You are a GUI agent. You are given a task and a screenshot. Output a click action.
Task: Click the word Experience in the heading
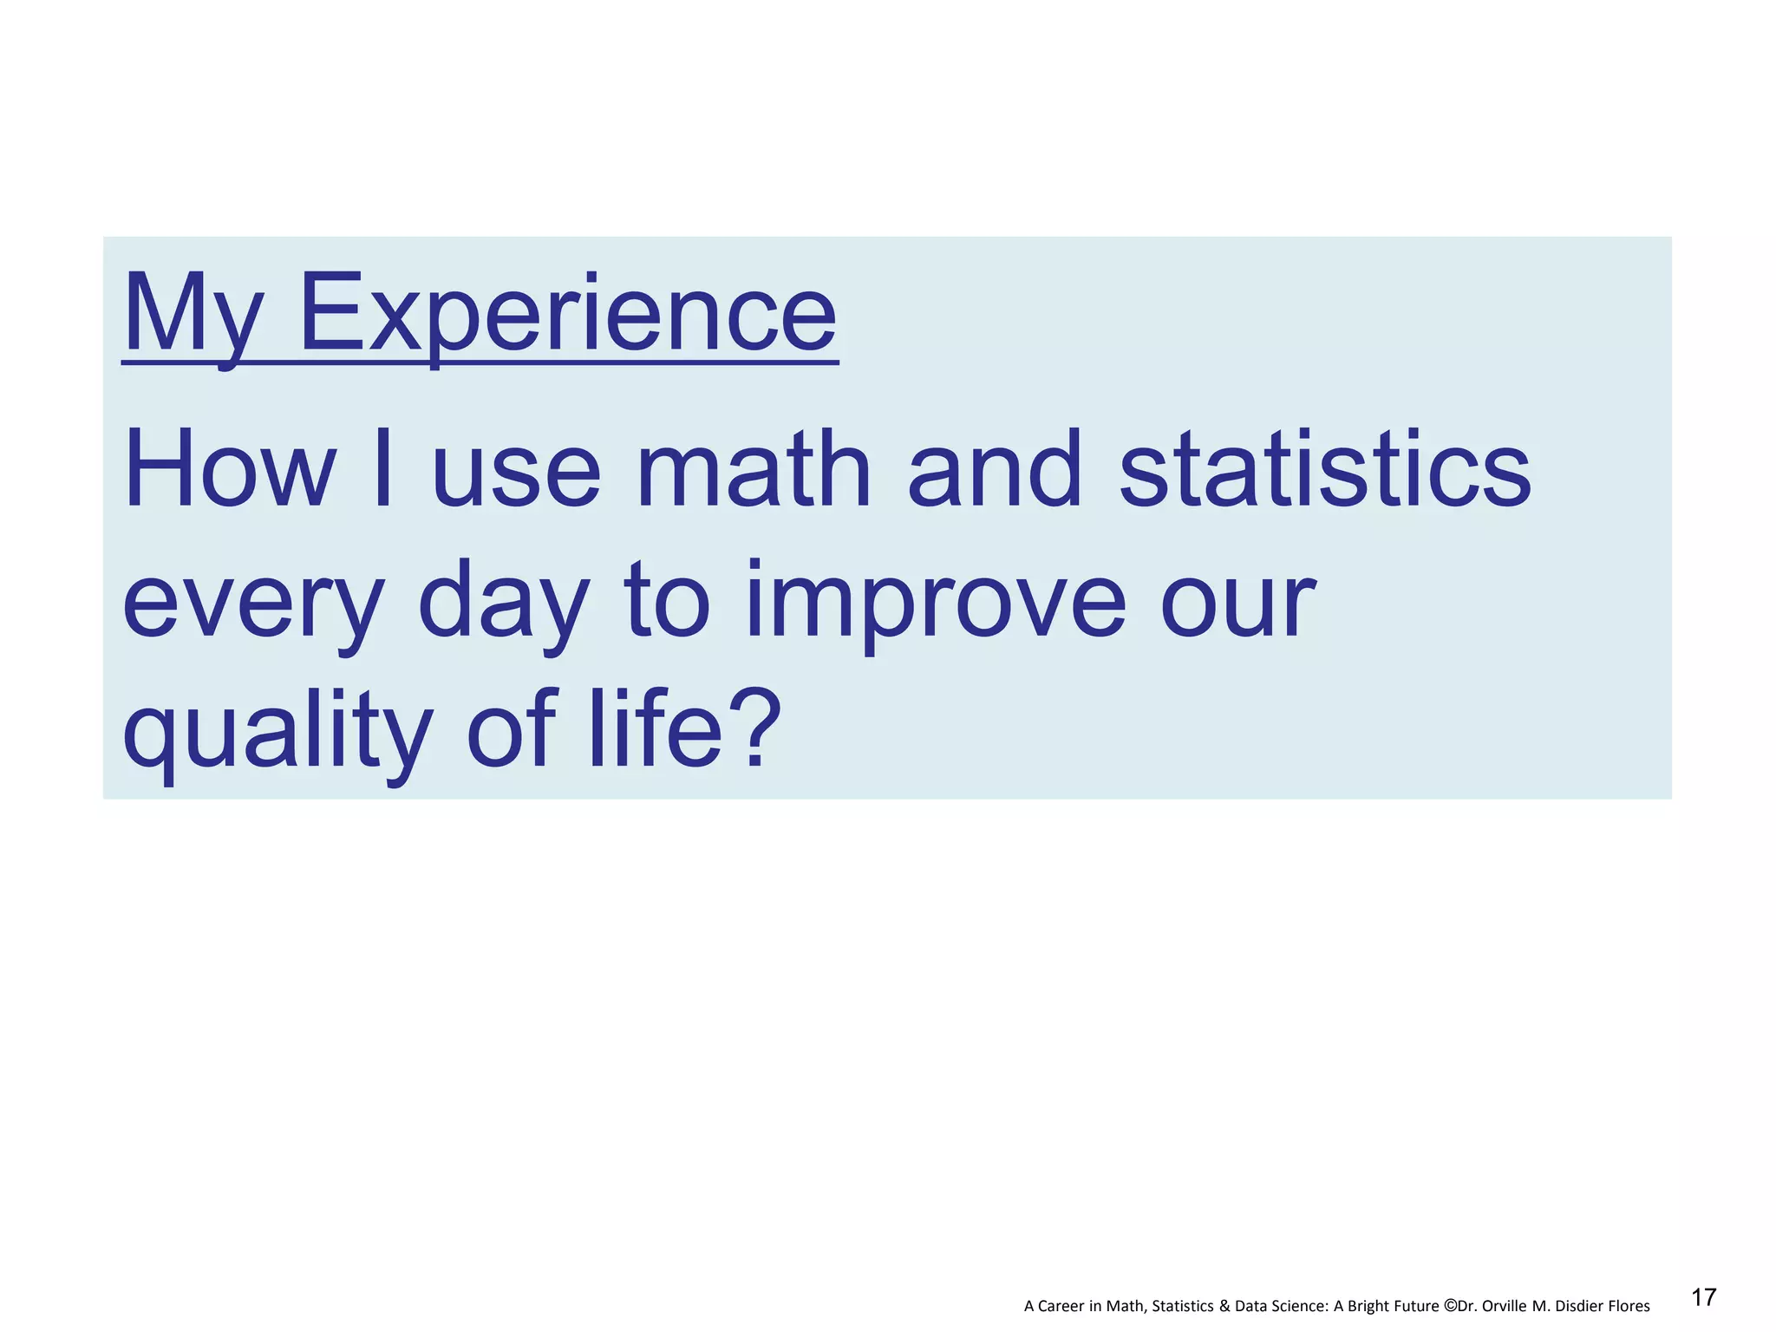click(568, 314)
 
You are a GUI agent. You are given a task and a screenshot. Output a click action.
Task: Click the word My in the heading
click(193, 314)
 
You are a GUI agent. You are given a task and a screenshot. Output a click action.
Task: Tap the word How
click(230, 472)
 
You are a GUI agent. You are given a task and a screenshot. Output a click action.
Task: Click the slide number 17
click(1703, 1297)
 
